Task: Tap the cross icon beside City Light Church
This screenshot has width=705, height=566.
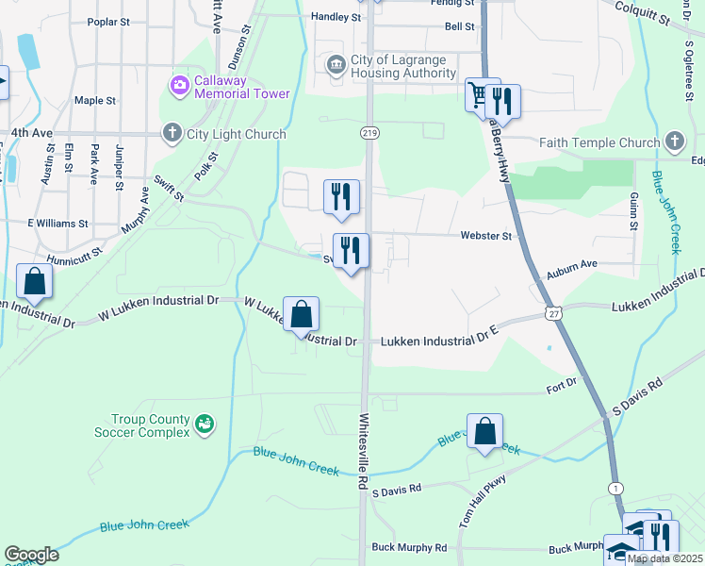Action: (172, 133)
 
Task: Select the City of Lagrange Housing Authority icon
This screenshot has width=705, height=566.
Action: (335, 65)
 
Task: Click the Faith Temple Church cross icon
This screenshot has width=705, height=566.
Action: (674, 142)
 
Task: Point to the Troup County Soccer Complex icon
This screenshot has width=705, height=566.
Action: (204, 425)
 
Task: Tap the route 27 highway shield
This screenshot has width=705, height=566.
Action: (552, 313)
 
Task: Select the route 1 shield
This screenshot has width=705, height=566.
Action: (615, 488)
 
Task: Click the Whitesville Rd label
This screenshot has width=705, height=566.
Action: (361, 450)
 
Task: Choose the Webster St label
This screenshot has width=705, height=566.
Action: (485, 236)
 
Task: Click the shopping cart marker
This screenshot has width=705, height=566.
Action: (481, 95)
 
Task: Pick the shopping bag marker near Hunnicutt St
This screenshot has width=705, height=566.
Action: (34, 281)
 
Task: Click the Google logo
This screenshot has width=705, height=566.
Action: (31, 555)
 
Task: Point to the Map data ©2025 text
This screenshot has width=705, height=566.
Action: (664, 558)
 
